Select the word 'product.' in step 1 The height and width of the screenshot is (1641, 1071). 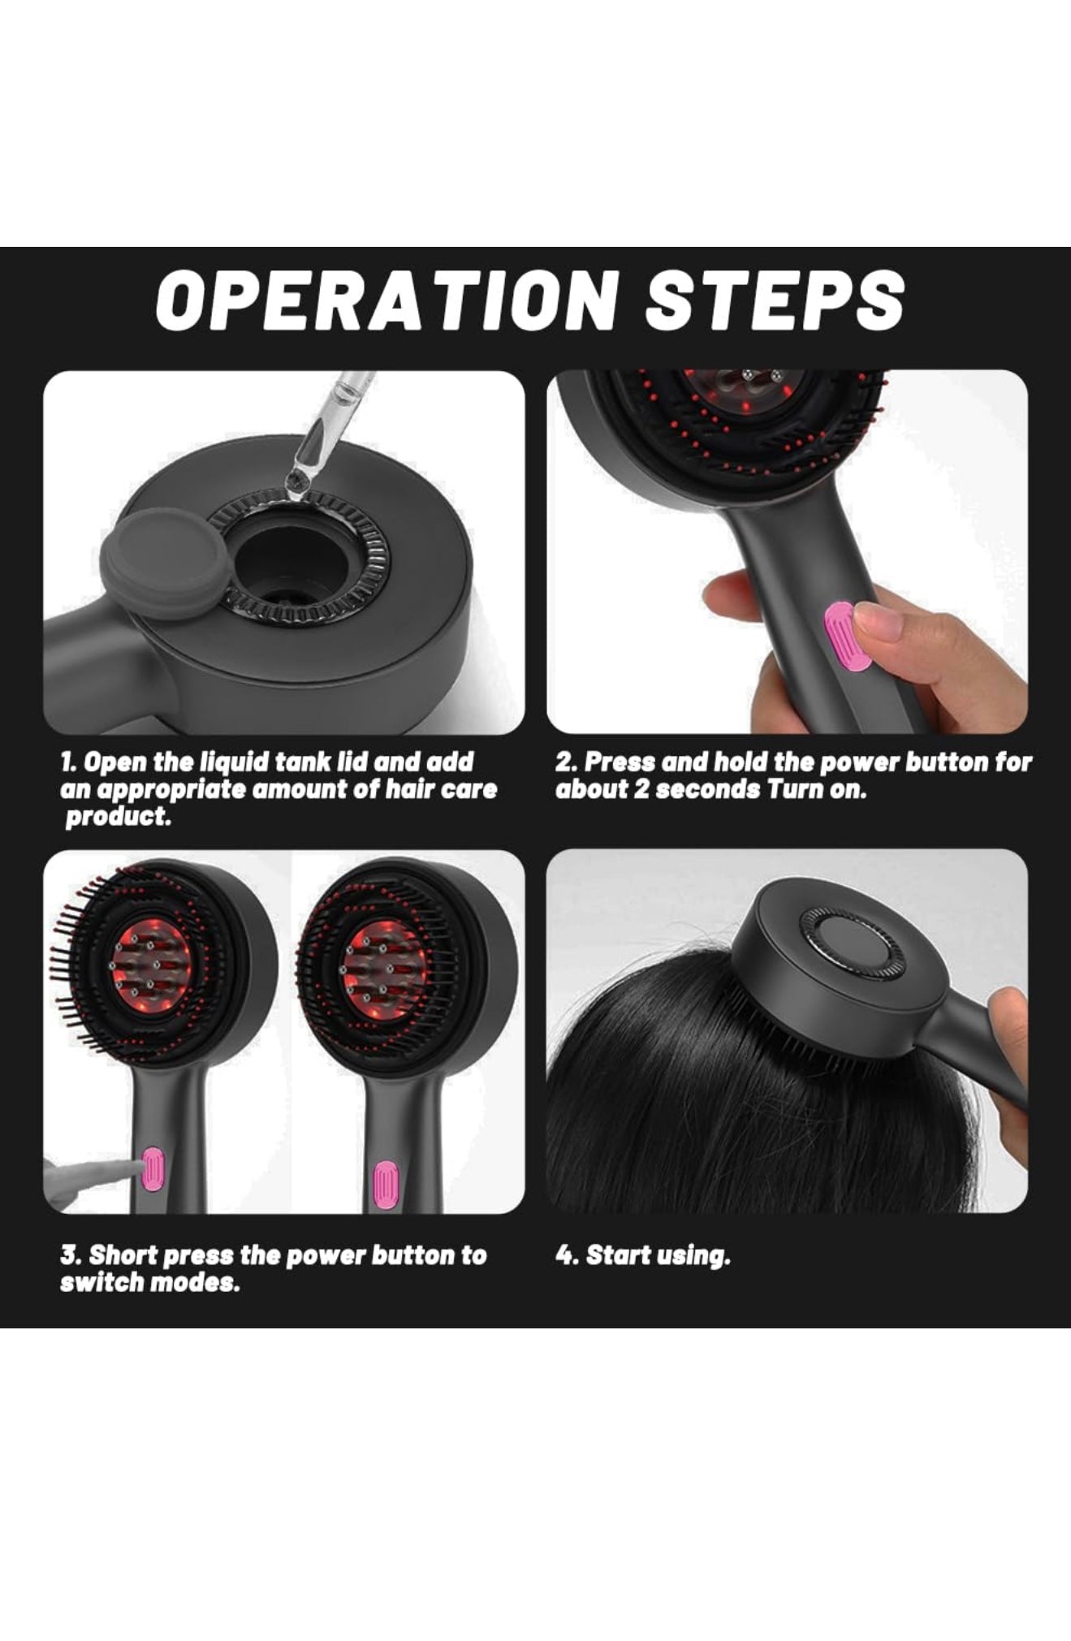coord(118,817)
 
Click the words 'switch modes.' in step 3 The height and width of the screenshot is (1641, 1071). coord(149,1283)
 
